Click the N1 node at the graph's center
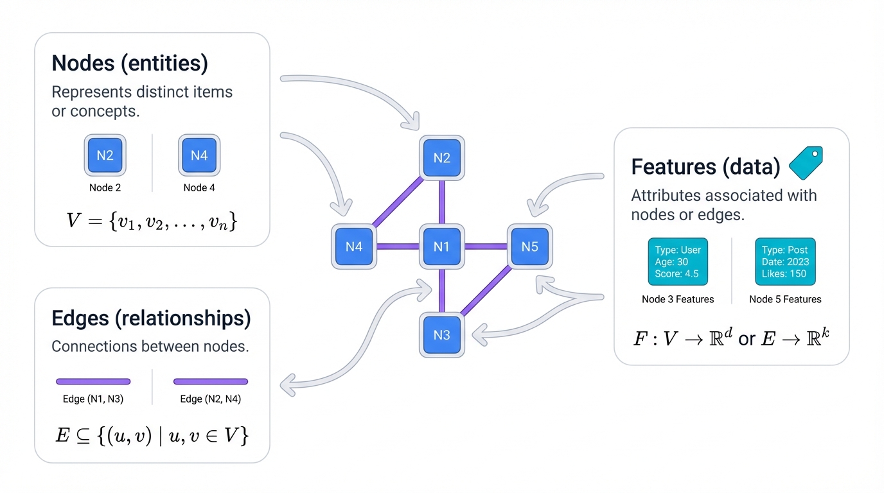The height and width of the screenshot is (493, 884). (442, 246)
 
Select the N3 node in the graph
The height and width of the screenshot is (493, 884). (442, 335)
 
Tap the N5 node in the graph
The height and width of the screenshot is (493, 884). (530, 246)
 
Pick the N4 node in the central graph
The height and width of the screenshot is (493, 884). (354, 246)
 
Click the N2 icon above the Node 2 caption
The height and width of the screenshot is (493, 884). (105, 155)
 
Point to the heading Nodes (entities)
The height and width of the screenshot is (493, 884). (130, 64)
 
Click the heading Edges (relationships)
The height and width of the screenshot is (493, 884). (151, 318)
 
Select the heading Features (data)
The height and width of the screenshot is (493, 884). (705, 167)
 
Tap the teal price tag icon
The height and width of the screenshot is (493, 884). (805, 163)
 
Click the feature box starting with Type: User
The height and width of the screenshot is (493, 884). (678, 262)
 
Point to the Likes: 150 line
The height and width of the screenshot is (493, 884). (784, 274)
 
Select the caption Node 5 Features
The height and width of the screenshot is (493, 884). (785, 299)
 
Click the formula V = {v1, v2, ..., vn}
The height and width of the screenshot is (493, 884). (152, 221)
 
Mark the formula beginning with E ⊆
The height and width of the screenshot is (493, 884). (152, 436)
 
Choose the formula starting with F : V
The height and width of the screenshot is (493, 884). (731, 338)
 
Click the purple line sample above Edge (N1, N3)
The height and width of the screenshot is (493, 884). (93, 381)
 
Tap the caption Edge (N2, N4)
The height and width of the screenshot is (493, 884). (210, 399)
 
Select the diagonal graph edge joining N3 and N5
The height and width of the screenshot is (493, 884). (486, 290)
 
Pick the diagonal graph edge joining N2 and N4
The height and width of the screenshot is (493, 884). (398, 202)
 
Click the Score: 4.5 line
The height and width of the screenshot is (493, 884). (676, 274)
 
